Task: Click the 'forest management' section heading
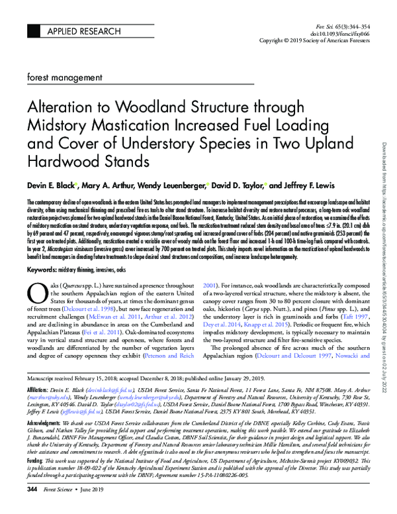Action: (61, 78)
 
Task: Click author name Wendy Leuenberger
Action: (174, 185)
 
